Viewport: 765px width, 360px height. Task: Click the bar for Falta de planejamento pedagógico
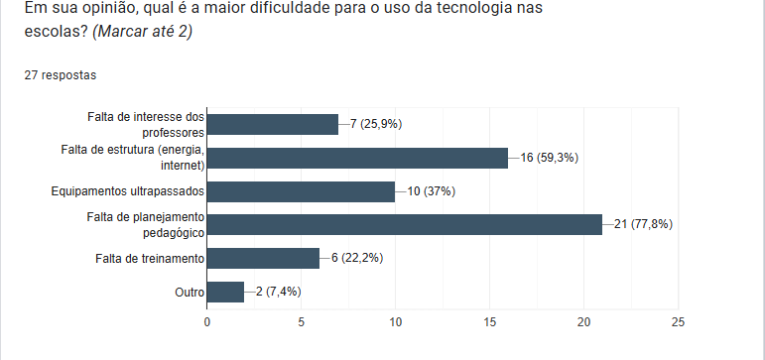tap(404, 224)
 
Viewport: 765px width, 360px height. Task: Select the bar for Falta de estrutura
tap(357, 158)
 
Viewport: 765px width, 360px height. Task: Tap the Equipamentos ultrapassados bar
tap(301, 191)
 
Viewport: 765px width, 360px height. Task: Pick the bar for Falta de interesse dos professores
tap(272, 124)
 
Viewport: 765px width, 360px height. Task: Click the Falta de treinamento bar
tap(263, 258)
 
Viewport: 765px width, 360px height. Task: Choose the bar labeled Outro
tap(225, 292)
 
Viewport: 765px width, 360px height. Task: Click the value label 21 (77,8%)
tap(643, 224)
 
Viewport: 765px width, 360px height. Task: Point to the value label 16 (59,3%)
tap(549, 158)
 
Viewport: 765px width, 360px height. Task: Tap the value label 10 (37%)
tap(431, 191)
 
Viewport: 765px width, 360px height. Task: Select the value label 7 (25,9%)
tap(375, 124)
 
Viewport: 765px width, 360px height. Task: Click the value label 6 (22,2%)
tap(357, 258)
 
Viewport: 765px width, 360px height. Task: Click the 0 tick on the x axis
tap(206, 321)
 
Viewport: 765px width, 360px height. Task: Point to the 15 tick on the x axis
tap(490, 321)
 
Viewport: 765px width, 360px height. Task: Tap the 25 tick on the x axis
tap(679, 321)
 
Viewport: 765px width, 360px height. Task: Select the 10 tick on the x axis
tap(395, 321)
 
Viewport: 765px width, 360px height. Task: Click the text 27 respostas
tap(60, 74)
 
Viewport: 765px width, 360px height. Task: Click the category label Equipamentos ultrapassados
tap(127, 191)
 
